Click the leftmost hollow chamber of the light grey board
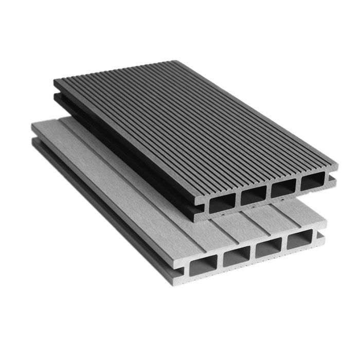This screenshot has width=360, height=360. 204,265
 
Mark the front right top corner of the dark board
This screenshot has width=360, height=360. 337,166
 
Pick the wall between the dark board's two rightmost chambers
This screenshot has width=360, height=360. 298,185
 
